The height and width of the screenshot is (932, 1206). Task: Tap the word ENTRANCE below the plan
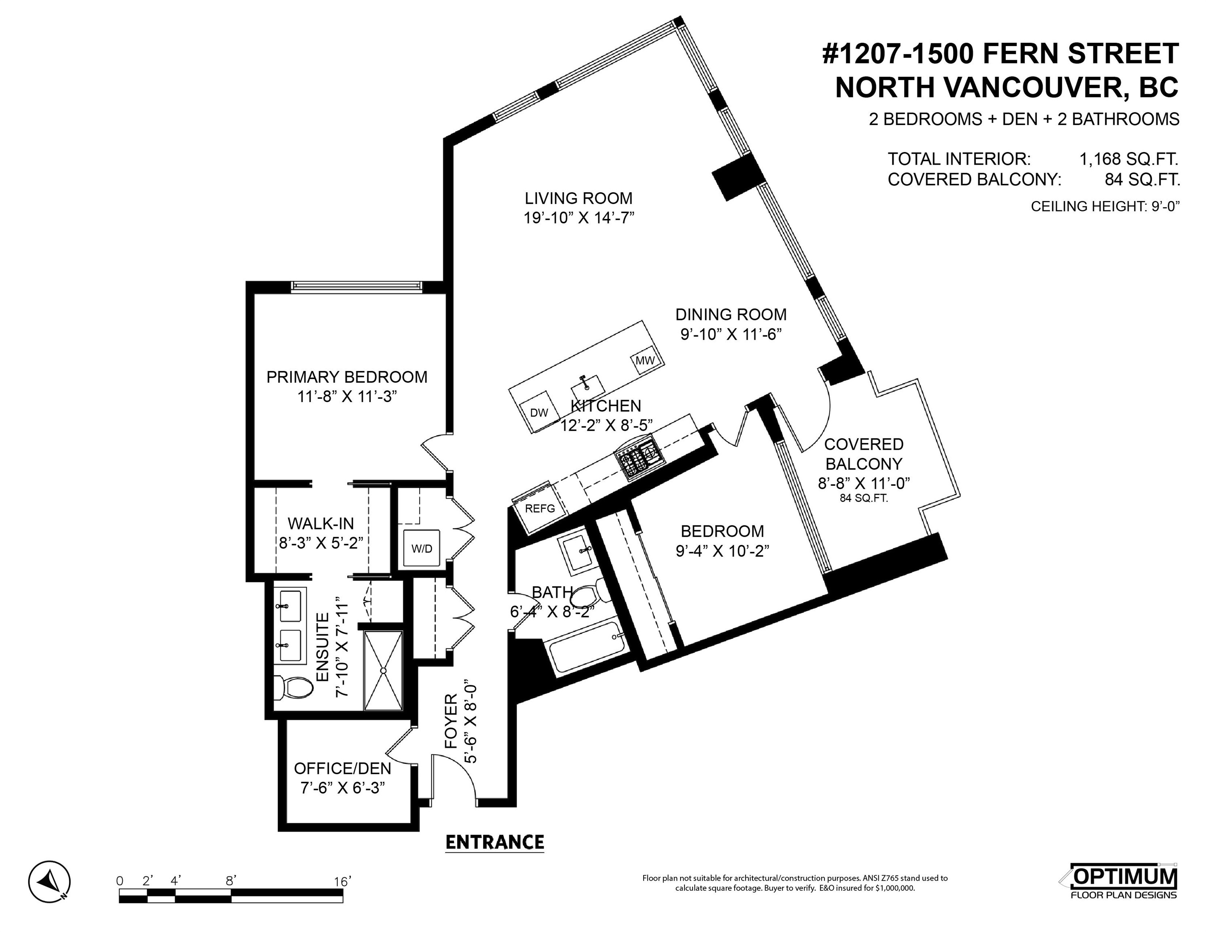pos(495,843)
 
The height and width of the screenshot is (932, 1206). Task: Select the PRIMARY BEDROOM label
pos(347,377)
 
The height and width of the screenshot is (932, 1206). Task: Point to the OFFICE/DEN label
pos(342,769)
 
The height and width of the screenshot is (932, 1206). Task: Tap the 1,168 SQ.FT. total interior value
pos(1129,159)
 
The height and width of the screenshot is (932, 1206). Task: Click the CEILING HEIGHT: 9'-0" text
pos(1105,206)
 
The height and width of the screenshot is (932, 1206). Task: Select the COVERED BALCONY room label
pos(864,454)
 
